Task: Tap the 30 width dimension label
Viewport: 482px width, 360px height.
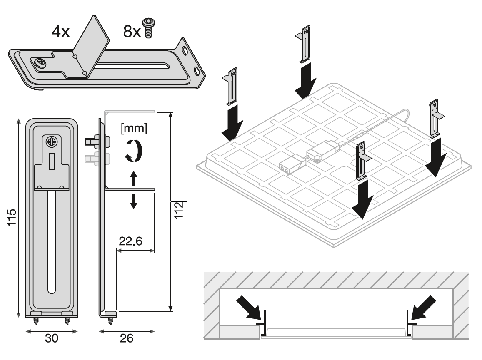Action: (51, 338)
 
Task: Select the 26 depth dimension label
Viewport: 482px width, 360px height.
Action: (126, 338)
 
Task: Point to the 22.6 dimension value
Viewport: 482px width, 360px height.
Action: (130, 241)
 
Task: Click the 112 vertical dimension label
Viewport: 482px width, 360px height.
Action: (179, 211)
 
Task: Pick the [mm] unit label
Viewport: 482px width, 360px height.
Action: (134, 128)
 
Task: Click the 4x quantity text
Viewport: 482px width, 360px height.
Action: (60, 32)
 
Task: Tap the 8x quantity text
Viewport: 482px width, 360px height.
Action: (132, 31)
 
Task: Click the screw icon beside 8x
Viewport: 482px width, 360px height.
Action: (148, 28)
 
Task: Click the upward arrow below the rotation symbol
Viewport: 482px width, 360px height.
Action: (133, 179)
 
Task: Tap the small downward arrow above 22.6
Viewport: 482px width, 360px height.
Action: (133, 201)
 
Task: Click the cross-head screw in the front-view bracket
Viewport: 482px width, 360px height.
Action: (52, 142)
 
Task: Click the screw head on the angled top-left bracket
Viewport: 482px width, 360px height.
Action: (41, 63)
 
